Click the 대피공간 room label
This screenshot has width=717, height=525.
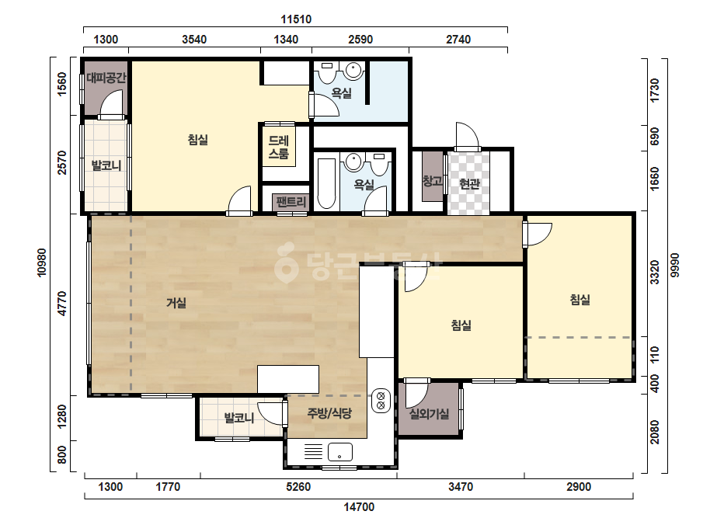(106, 78)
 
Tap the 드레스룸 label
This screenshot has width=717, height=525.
(279, 148)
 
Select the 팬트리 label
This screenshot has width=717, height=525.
(291, 201)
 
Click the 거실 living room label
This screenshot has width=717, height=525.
(176, 303)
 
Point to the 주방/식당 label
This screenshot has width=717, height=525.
(329, 413)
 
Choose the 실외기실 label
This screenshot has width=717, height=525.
(429, 414)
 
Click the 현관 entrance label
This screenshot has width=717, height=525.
(469, 184)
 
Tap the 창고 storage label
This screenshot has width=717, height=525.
(432, 181)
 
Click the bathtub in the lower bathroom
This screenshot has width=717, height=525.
(326, 183)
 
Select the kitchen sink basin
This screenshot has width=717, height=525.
(339, 452)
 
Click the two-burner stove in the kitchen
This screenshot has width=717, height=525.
(381, 400)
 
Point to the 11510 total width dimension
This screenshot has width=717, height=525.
(296, 19)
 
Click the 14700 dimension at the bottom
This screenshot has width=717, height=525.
(359, 506)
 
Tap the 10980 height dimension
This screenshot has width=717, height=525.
(42, 262)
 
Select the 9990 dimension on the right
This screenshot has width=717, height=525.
(675, 265)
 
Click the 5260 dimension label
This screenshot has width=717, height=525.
(298, 487)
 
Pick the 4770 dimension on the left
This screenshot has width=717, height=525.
(62, 303)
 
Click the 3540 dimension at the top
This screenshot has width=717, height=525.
(194, 40)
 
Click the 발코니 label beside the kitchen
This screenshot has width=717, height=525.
(238, 418)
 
